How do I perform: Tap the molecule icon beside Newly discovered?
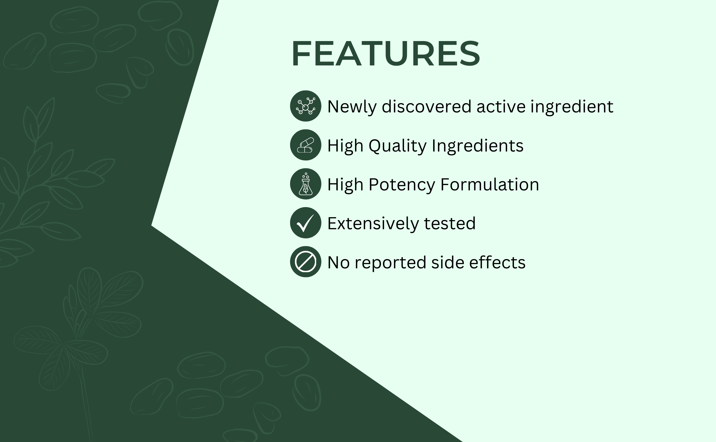[306, 106]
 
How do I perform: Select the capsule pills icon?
[306, 145]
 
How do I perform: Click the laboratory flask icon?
[306, 184]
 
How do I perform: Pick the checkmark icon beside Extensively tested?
[306, 223]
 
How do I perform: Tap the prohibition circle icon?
[306, 262]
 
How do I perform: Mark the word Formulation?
[490, 184]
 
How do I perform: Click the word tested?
[450, 224]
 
